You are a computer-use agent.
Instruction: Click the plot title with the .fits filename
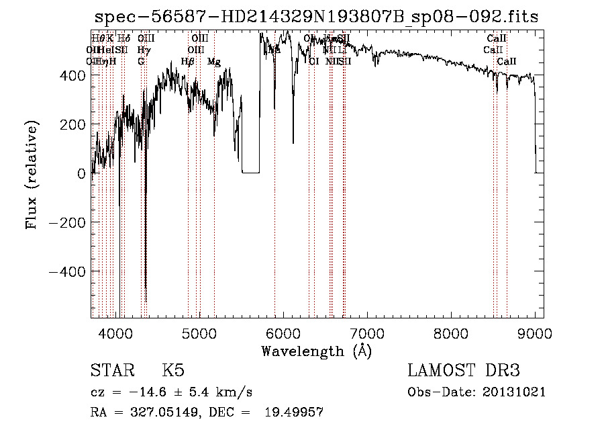pyautogui.click(x=316, y=17)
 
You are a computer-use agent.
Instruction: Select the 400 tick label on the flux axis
pyautogui.click(x=72, y=76)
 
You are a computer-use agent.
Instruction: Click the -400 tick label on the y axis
pyautogui.click(x=66, y=271)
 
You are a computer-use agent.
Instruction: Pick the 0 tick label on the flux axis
pyautogui.click(x=81, y=173)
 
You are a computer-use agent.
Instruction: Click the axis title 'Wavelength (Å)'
pyautogui.click(x=316, y=351)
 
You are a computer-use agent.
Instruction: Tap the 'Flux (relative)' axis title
pyautogui.click(x=32, y=173)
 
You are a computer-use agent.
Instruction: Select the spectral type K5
pyautogui.click(x=173, y=371)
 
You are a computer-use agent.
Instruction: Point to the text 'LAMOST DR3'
pyautogui.click(x=463, y=371)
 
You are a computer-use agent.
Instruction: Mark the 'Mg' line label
pyautogui.click(x=214, y=62)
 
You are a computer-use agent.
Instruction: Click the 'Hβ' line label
pyautogui.click(x=188, y=62)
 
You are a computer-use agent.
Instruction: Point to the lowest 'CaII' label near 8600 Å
pyautogui.click(x=507, y=62)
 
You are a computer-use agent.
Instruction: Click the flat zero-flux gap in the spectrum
pyautogui.click(x=250, y=172)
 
